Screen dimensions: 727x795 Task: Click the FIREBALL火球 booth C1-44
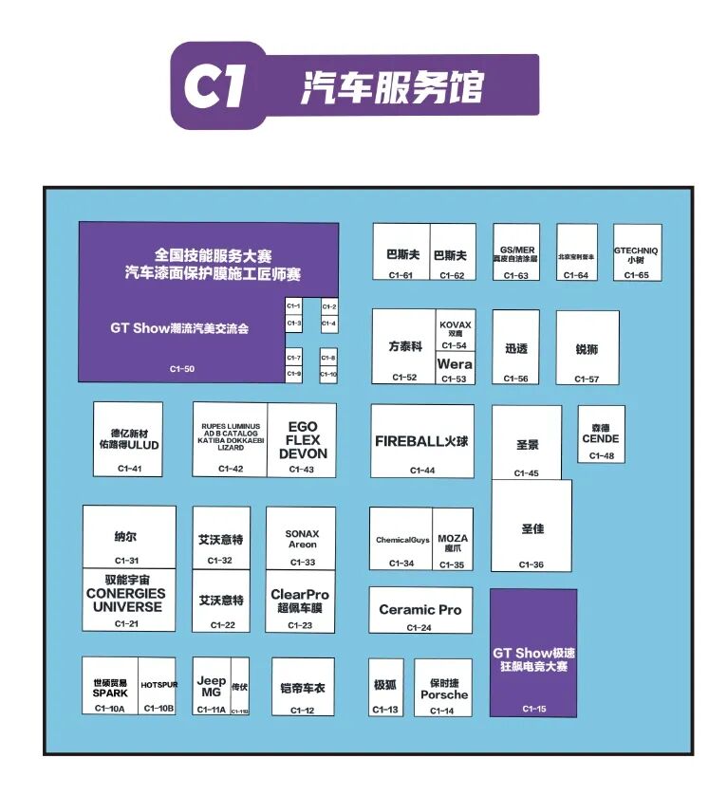421,441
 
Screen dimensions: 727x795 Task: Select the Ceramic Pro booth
419,610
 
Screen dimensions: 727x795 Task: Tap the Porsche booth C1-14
443,688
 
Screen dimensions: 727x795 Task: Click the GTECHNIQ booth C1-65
636,251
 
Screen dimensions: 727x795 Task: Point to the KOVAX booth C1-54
455,331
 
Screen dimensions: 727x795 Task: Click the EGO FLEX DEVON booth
302,440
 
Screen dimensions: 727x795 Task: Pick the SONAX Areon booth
302,539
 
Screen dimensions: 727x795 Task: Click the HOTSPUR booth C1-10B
158,686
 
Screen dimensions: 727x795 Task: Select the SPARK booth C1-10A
110,686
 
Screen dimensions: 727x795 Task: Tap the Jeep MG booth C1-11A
212,686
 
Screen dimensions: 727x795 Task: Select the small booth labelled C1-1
293,307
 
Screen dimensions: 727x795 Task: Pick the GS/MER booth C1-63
515,251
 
